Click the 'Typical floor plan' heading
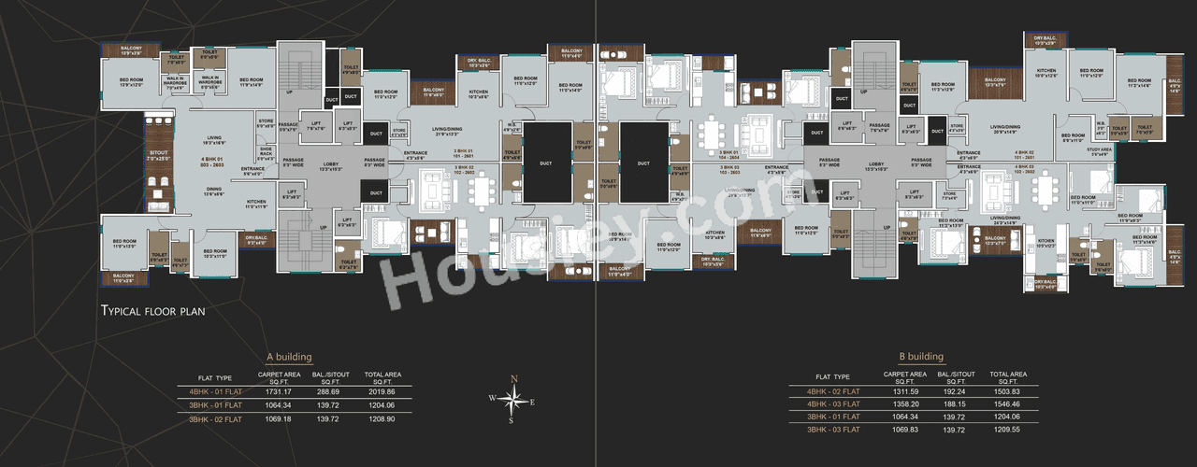[152, 310]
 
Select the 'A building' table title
[288, 357]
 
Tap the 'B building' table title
[921, 357]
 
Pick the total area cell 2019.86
[382, 391]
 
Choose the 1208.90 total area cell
[382, 419]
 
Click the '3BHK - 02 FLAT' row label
[215, 419]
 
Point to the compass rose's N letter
[513, 377]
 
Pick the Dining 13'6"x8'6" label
[214, 190]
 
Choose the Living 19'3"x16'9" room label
[214, 140]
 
